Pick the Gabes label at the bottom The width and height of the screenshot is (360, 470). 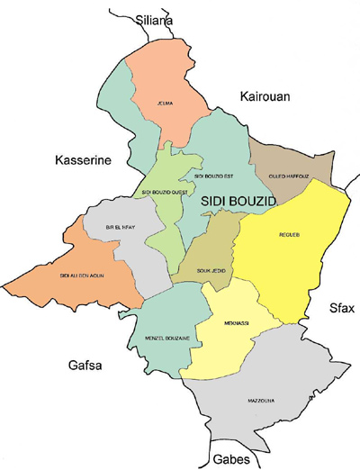[x=156, y=456]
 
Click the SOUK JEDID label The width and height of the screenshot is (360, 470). [x=206, y=267]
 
